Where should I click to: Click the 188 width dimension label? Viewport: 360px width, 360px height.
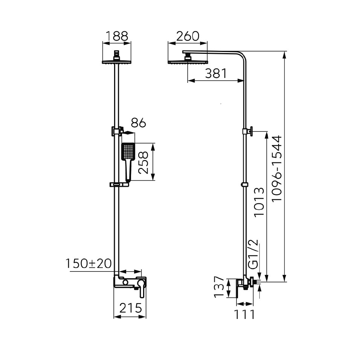coord(117,36)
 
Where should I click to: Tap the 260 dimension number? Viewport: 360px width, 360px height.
coord(188,36)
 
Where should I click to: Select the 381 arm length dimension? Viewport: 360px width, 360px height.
coord(216,73)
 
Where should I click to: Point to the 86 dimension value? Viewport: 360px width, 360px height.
coord(139,123)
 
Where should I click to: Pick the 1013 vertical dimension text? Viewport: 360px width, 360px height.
coord(259,201)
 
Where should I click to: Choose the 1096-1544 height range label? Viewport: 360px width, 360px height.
coord(277,169)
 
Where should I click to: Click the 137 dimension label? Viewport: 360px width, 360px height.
coord(219,287)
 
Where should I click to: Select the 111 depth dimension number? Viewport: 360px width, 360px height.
coord(244,314)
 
